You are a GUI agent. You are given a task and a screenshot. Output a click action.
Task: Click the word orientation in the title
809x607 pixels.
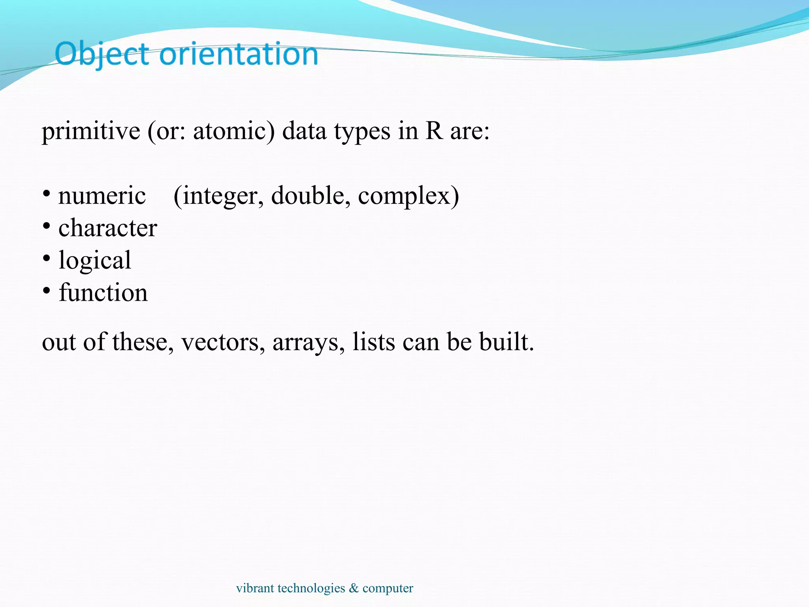pos(239,54)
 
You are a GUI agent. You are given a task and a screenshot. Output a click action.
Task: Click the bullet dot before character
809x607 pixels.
pos(47,226)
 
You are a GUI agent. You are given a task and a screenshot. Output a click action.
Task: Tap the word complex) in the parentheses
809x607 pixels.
pos(408,196)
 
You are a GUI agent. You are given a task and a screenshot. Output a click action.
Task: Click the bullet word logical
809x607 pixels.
pos(95,260)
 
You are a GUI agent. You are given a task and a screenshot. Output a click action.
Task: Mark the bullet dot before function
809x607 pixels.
pos(47,291)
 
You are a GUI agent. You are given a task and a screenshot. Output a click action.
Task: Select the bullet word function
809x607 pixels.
pos(103,292)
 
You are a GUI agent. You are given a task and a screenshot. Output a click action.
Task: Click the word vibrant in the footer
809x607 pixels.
pos(255,588)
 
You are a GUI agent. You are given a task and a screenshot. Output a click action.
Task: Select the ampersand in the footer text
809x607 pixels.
pos(354,588)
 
